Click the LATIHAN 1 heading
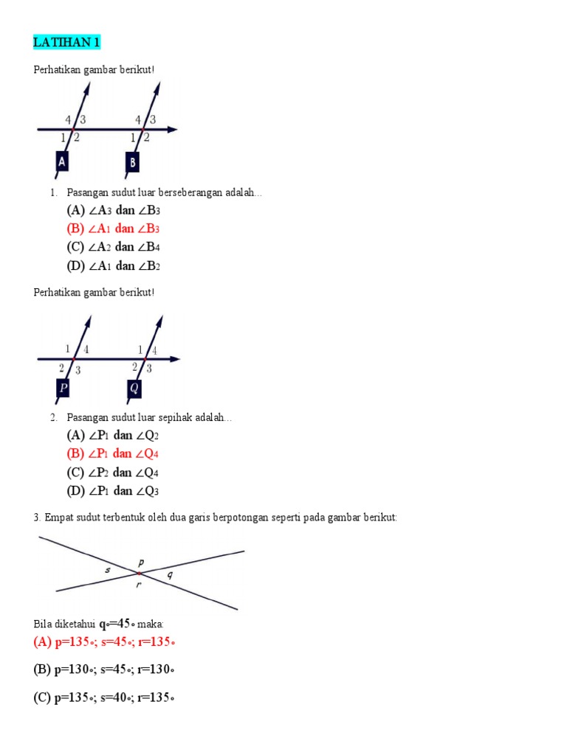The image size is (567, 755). pos(66,43)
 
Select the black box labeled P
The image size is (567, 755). pos(64,388)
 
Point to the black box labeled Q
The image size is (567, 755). pos(134,388)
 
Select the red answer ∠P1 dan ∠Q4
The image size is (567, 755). pos(112,453)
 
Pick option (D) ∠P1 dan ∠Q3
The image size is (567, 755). pos(112,491)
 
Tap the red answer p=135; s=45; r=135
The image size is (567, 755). pos(104,642)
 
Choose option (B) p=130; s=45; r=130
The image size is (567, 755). pos(104,669)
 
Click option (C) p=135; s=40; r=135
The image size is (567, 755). pos(104,697)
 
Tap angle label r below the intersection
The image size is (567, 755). pos(138,585)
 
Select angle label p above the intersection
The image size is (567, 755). pos(140,562)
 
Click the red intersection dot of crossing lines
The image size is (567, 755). pos(139,573)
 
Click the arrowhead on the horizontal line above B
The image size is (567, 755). pos(172,130)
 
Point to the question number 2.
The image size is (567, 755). pos(53,418)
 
